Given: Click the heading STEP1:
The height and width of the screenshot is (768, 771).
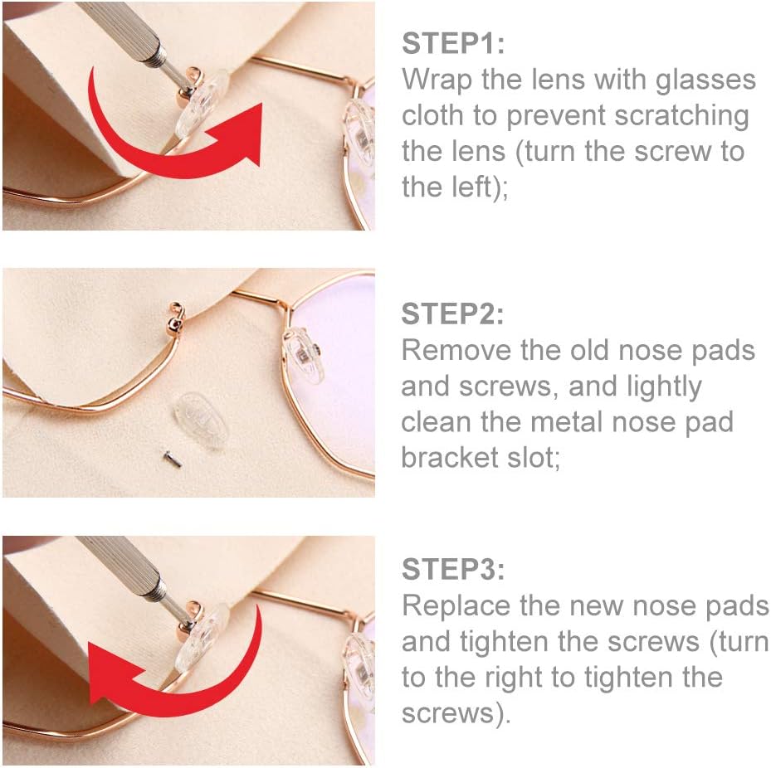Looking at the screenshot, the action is (453, 43).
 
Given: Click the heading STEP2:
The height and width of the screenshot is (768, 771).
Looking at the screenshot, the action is (452, 314).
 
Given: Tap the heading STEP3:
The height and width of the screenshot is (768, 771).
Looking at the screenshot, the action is (453, 569).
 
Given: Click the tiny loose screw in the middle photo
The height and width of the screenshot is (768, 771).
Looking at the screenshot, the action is (173, 459).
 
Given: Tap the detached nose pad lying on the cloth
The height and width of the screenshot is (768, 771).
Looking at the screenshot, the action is (202, 420).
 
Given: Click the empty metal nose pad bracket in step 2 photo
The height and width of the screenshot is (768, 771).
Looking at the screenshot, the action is (174, 317).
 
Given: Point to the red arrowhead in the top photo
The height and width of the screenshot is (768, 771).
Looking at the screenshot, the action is (238, 133).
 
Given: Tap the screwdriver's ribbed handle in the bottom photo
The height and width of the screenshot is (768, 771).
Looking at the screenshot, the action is (123, 565).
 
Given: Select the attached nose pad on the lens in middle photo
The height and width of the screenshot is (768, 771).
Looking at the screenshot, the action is (304, 356).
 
